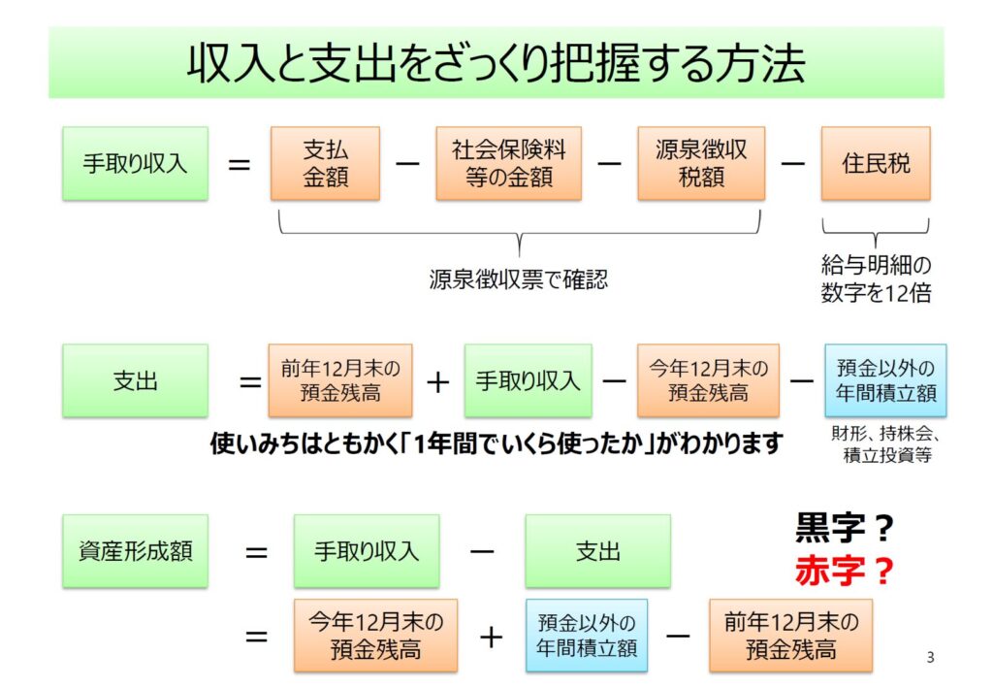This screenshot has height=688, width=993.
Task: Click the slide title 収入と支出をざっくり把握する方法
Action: click(x=496, y=62)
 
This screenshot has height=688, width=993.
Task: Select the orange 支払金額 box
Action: click(x=325, y=163)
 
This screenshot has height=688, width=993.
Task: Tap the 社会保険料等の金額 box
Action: click(x=508, y=163)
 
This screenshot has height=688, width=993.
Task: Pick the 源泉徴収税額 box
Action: click(x=701, y=163)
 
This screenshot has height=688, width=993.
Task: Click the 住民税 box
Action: click(x=875, y=163)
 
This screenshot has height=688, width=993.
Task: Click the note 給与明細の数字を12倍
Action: click(x=876, y=278)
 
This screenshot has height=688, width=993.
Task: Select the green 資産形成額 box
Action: click(x=135, y=550)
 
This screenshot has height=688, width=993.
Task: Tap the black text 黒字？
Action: click(x=844, y=530)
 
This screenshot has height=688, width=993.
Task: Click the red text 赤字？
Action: click(x=844, y=572)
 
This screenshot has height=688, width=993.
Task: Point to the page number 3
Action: click(x=930, y=658)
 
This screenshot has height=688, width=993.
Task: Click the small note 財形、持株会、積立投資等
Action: click(x=886, y=444)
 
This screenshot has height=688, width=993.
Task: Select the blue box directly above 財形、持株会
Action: click(x=885, y=380)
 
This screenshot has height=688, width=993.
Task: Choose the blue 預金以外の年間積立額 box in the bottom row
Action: click(x=587, y=636)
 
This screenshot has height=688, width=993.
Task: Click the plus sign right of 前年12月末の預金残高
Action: click(x=438, y=381)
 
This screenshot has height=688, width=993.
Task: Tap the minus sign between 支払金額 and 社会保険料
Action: click(x=408, y=163)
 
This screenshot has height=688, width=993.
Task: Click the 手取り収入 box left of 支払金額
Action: click(x=135, y=163)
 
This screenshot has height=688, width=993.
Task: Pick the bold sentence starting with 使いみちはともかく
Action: click(x=496, y=443)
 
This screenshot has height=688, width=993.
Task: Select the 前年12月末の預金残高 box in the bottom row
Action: click(x=790, y=636)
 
